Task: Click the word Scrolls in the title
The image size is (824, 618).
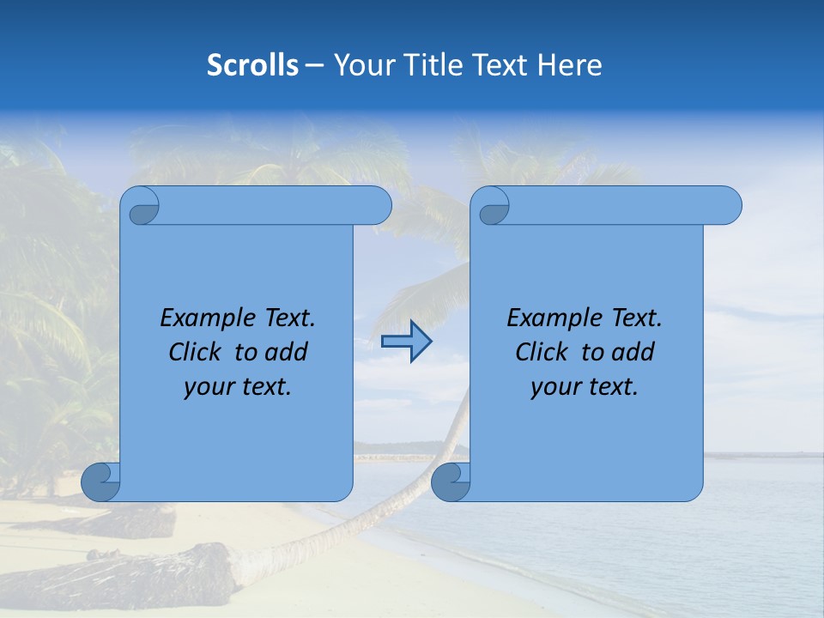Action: pyautogui.click(x=252, y=65)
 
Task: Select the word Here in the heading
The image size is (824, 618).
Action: pyautogui.click(x=569, y=65)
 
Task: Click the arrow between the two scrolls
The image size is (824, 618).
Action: pyautogui.click(x=406, y=342)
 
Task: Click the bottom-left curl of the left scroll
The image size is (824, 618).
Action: pyautogui.click(x=100, y=482)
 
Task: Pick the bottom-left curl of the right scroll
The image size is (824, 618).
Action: pyautogui.click(x=450, y=482)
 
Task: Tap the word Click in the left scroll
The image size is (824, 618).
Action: pyautogui.click(x=195, y=352)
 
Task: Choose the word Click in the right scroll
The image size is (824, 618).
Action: pyautogui.click(x=542, y=352)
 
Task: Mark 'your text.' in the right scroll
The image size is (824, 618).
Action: pyautogui.click(x=585, y=386)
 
